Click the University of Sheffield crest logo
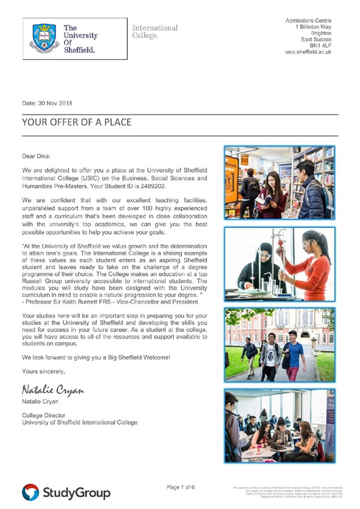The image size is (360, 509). tap(44, 36)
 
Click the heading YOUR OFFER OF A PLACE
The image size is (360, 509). tap(76, 122)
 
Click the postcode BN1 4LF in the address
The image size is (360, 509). tap(320, 44)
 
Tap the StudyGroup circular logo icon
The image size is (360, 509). tap(31, 492)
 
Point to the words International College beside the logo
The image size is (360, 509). tap(154, 32)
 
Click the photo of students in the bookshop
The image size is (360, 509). tap(279, 183)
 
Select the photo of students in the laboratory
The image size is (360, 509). tap(279, 263)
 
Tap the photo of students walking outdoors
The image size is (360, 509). tap(279, 344)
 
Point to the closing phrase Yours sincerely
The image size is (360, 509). tap(43, 371)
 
